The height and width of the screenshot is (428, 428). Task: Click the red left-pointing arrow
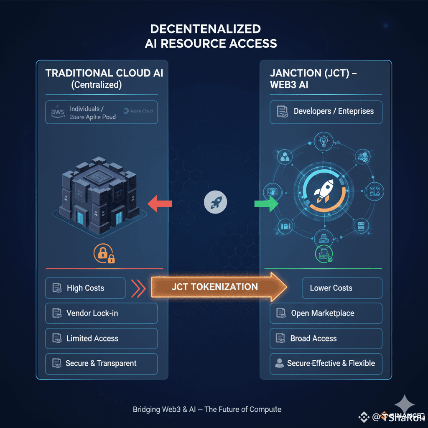tap(160, 204)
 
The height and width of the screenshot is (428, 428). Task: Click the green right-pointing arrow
tap(266, 204)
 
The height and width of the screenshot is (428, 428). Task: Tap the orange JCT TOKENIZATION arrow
tap(217, 287)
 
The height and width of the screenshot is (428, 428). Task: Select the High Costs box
tap(85, 288)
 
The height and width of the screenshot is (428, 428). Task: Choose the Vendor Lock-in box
tap(101, 313)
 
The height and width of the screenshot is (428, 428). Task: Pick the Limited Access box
tap(101, 339)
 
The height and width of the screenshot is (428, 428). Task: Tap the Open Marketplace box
tap(326, 313)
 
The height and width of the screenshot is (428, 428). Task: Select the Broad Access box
tap(326, 339)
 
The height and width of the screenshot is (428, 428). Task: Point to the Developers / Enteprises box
tap(326, 112)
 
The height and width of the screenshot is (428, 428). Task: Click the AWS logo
tap(57, 112)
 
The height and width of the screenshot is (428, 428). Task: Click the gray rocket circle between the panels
tap(216, 204)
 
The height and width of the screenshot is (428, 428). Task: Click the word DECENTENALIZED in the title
tap(205, 29)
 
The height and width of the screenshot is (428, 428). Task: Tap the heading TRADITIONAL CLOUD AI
tap(104, 73)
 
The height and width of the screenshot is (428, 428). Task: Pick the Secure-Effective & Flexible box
tap(326, 363)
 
